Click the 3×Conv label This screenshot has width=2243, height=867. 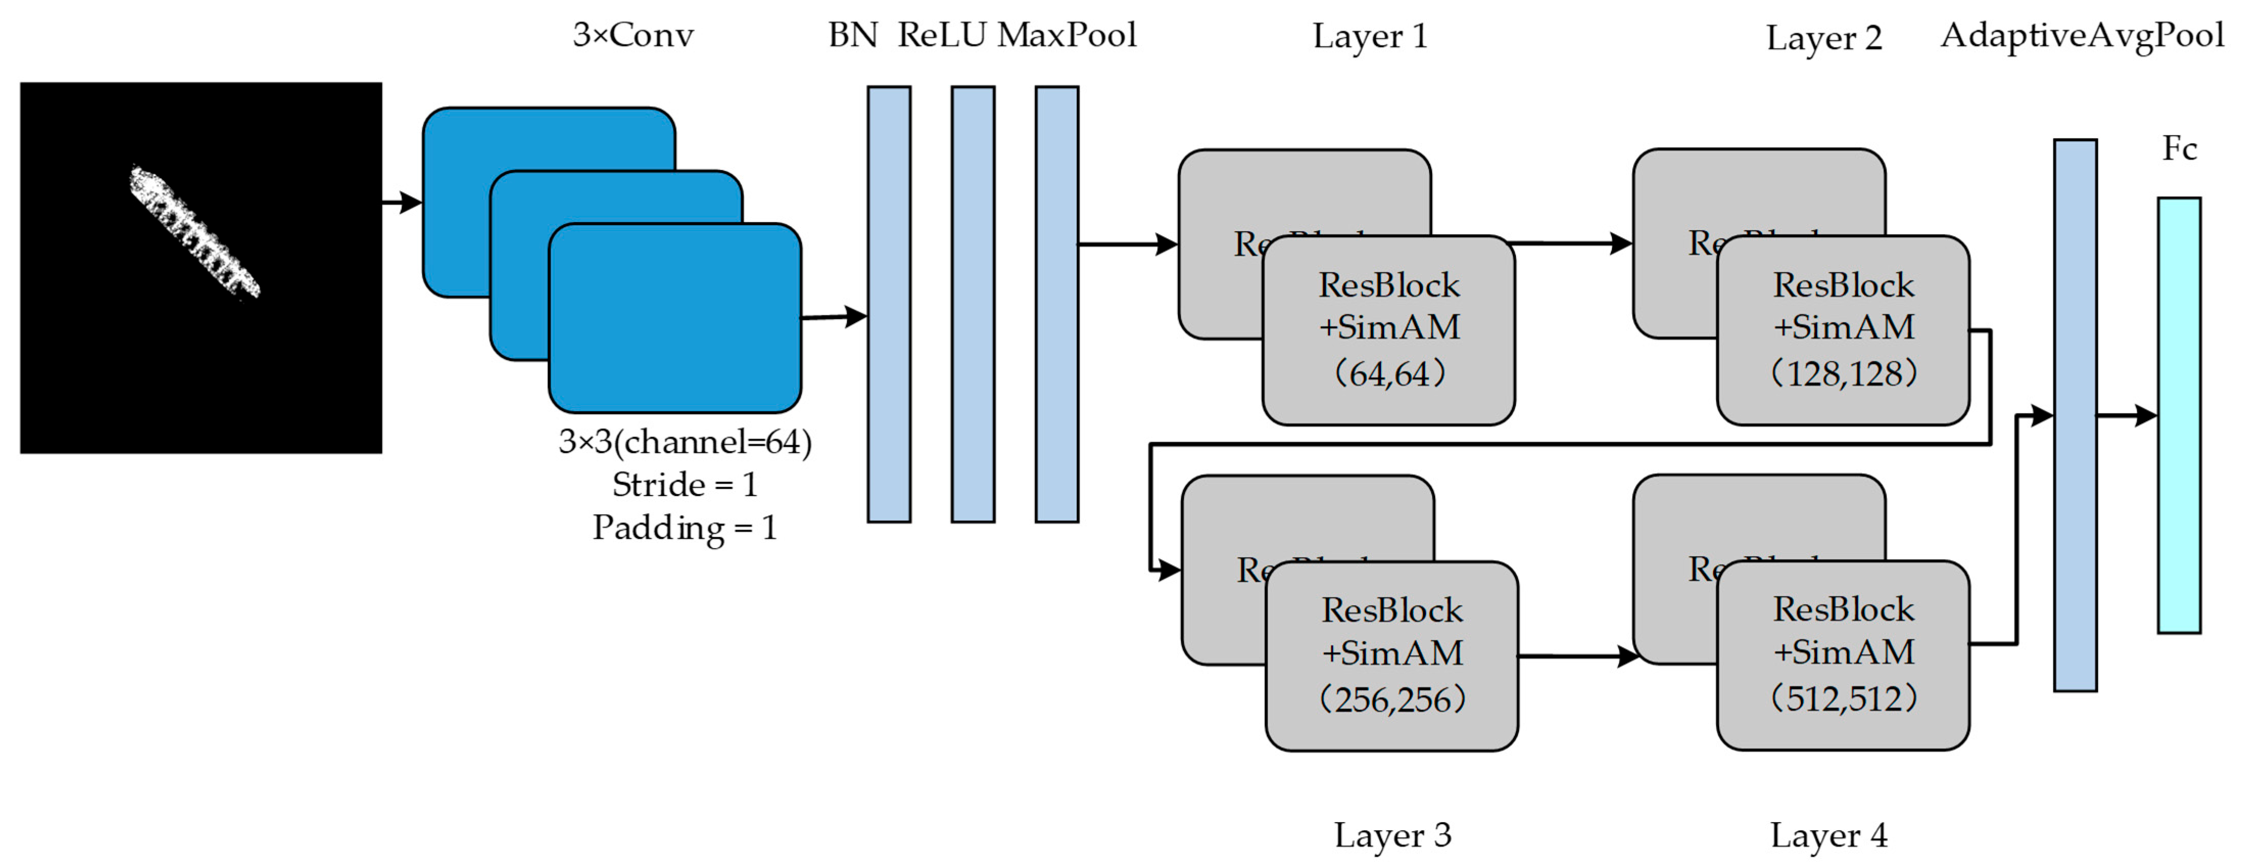pyautogui.click(x=633, y=35)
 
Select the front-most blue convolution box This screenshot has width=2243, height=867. pyautogui.click(x=675, y=318)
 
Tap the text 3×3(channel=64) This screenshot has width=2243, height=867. pyautogui.click(x=684, y=442)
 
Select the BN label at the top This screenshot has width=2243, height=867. pyautogui.click(x=853, y=35)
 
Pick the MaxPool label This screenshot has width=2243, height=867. pyautogui.click(x=1067, y=35)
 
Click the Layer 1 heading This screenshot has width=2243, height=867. pyautogui.click(x=1370, y=37)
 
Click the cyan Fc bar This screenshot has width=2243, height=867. pyautogui.click(x=2179, y=415)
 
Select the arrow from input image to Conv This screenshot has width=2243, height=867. pyautogui.click(x=402, y=203)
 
